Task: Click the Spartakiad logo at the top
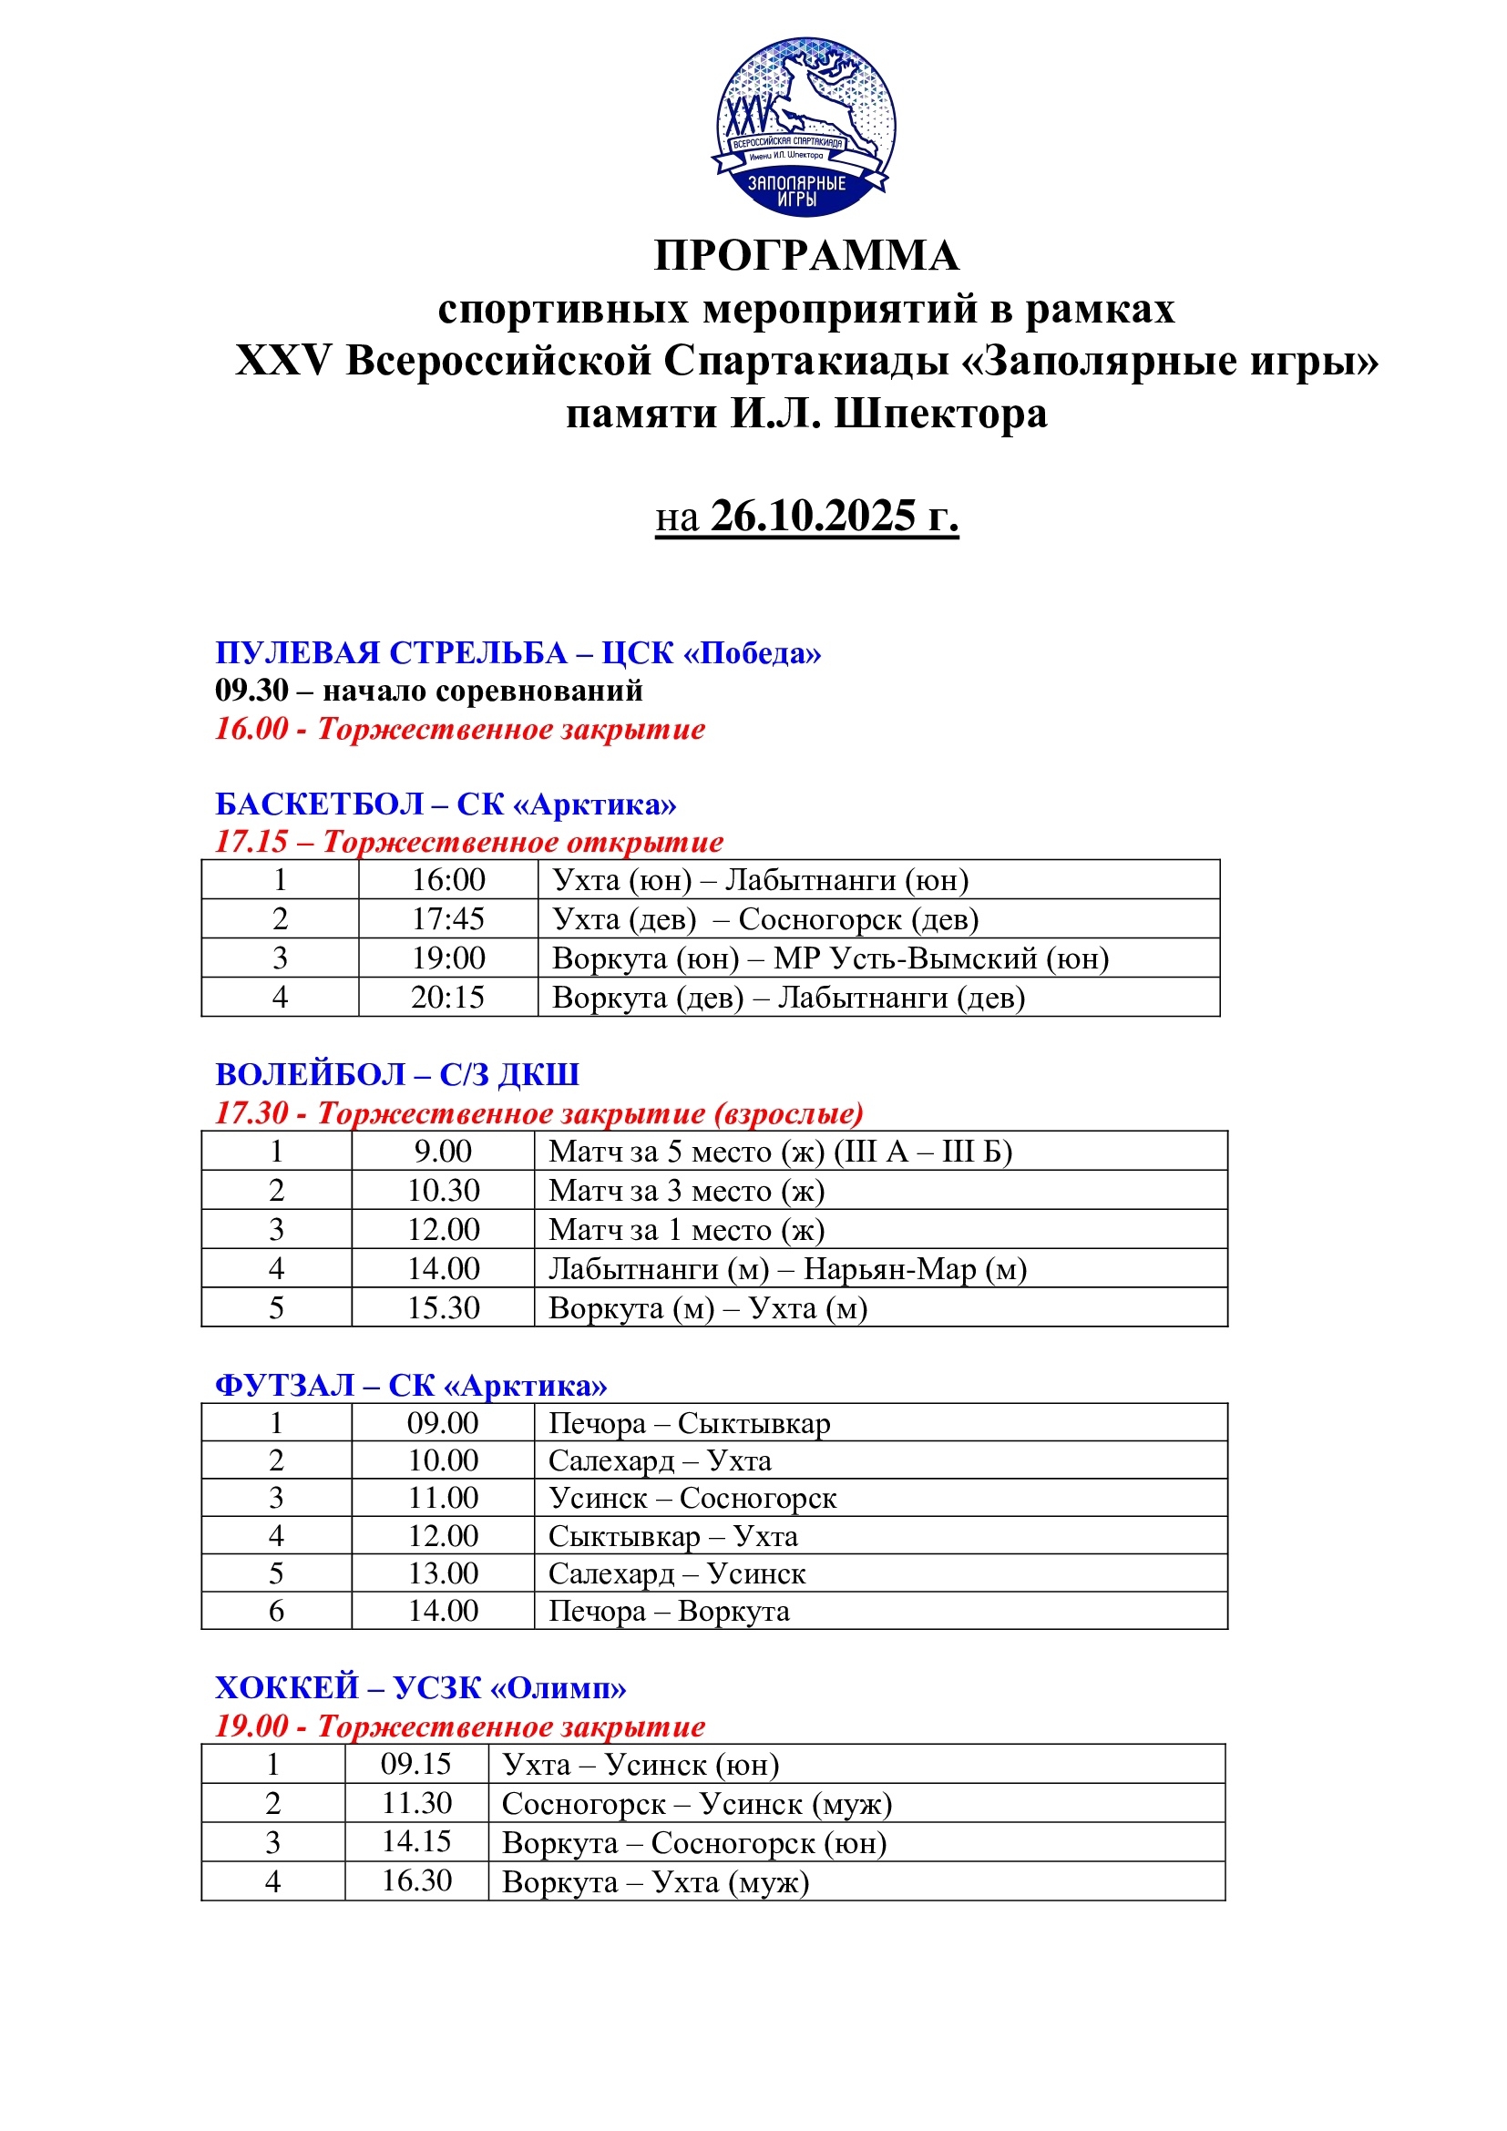tap(805, 128)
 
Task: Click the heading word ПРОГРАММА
tap(805, 255)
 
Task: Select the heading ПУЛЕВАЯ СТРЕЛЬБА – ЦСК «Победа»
tap(518, 652)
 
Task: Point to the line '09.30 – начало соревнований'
tap(429, 691)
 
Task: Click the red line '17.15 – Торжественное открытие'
tap(468, 842)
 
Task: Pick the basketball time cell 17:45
tap(447, 919)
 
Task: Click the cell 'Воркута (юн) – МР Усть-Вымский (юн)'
tap(830, 958)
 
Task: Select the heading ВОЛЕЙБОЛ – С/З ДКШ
tap(397, 1074)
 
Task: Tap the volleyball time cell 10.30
tap(443, 1190)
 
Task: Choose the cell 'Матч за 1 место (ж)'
tap(686, 1230)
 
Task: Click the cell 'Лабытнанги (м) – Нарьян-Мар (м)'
tap(787, 1269)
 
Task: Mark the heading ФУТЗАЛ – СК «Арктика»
tap(411, 1385)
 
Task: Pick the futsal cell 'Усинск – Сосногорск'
tap(692, 1498)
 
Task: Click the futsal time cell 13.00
tap(443, 1573)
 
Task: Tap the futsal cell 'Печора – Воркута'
tap(668, 1612)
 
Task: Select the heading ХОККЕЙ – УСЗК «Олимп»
tap(420, 1687)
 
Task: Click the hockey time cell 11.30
tap(416, 1803)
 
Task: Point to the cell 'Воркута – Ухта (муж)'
tap(655, 1882)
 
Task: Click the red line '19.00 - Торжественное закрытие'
tap(460, 1726)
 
